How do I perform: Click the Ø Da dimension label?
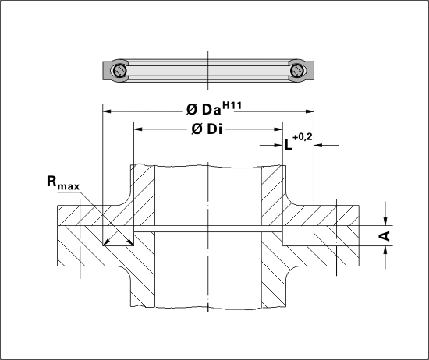coord(204,110)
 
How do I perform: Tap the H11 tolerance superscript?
coord(232,105)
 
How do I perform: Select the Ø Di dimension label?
coord(207,129)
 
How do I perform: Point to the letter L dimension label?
coord(289,145)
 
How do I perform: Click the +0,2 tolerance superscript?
coord(303,137)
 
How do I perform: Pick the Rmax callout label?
coord(63,182)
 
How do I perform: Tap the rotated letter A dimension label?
coord(385,235)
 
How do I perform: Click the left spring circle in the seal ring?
coord(119,71)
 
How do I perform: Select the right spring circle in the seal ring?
coord(296,71)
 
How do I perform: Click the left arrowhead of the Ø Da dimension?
coord(106,111)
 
